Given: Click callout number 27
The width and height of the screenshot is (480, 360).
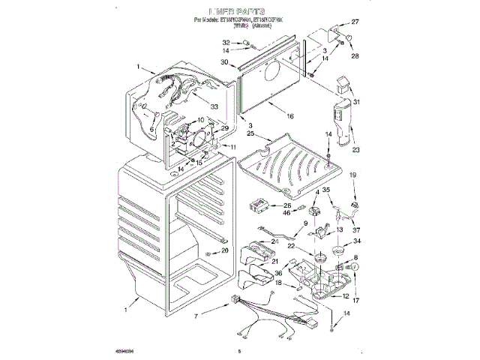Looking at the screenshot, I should [355, 21].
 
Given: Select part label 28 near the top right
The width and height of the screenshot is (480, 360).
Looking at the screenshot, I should [355, 55].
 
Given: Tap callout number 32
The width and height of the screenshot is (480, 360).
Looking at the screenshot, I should [225, 41].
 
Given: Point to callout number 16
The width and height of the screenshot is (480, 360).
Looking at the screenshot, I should [289, 116].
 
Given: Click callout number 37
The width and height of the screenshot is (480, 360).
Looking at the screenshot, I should [357, 229].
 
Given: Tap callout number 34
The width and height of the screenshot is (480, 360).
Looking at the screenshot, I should [357, 241].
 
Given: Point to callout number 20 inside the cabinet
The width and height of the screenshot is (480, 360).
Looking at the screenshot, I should [224, 250].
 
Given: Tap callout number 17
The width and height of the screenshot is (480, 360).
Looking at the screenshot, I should [357, 301].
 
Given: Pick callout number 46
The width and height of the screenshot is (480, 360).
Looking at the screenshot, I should [286, 213].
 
